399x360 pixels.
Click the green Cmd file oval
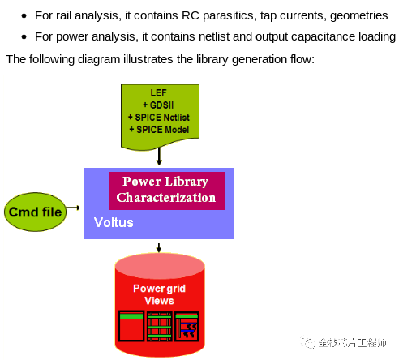tap(35, 212)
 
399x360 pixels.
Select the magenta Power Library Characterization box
tap(166, 190)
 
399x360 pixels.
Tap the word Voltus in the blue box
tap(114, 222)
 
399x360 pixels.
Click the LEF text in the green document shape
tap(159, 93)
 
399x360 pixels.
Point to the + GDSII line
tap(159, 105)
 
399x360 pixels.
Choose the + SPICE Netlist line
tap(159, 118)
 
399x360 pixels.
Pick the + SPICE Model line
tap(159, 130)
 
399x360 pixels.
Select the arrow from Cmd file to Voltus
tap(73, 208)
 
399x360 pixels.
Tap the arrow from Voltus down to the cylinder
tap(159, 247)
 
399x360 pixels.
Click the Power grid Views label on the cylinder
tap(159, 295)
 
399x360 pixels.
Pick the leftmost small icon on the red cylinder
tap(131, 326)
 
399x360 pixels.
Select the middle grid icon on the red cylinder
tap(159, 326)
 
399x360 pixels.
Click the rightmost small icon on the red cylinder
tap(187, 326)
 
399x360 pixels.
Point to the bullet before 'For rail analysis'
tap(25, 16)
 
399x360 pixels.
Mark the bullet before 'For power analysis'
tap(25, 37)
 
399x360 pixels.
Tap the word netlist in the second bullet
tap(215, 37)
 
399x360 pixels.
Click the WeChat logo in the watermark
tap(308, 343)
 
